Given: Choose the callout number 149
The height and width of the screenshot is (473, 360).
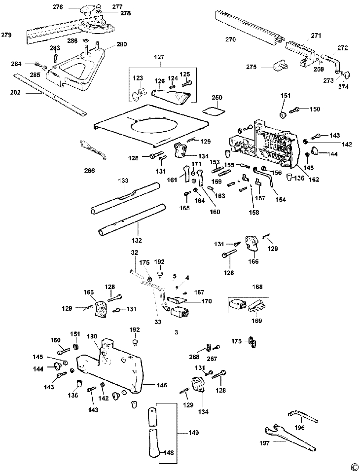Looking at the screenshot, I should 193,433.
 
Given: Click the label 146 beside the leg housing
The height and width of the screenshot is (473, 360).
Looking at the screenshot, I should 162,385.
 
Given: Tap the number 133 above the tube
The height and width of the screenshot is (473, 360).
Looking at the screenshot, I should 123,181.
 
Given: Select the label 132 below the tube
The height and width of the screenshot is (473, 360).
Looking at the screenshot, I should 137,240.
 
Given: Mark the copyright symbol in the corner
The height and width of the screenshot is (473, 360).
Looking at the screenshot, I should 353,467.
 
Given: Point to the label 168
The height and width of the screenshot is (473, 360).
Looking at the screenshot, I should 257,287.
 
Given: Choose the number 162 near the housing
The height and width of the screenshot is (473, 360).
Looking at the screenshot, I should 314,180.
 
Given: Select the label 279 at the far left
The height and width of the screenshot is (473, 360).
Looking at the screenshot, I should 6,35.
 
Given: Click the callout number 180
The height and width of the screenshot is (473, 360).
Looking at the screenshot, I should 92,337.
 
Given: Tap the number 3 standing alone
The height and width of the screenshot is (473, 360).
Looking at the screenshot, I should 176,332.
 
